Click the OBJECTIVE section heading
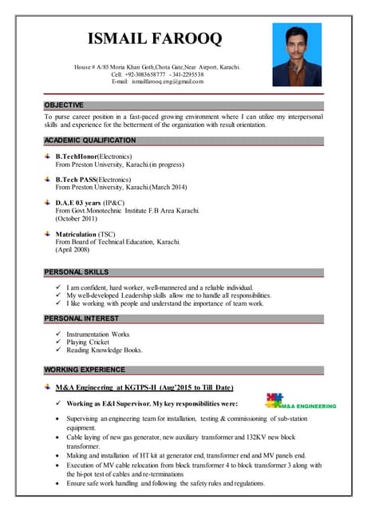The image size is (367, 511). pos(63,105)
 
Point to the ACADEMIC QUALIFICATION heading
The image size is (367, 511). pos(90,141)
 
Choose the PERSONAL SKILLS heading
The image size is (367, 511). pos(77,272)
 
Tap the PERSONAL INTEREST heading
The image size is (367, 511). pos(81,319)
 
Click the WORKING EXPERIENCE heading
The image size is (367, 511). pos(85,370)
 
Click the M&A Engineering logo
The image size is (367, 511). pos(300,400)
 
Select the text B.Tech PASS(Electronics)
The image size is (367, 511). pos(94,179)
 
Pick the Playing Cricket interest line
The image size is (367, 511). pos(88,342)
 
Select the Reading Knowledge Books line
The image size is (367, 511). pos(105,350)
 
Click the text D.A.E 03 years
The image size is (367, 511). pos(79,203)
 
